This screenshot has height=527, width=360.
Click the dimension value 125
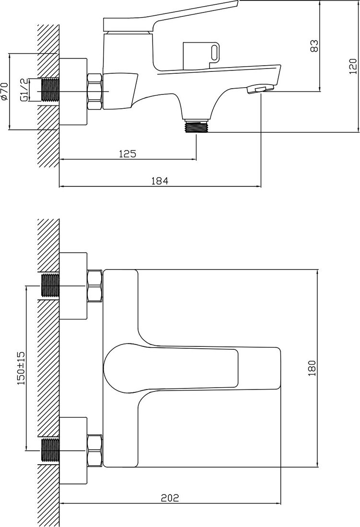tap(128, 154)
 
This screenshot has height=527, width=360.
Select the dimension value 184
tap(160, 181)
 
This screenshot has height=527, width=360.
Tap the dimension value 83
tap(314, 46)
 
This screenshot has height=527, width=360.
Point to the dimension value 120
tap(353, 67)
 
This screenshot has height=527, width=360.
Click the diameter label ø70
tap(4, 91)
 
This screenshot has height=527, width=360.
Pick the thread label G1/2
tap(23, 90)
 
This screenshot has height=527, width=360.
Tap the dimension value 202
tap(170, 497)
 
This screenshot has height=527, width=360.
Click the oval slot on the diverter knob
tap(214, 53)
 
